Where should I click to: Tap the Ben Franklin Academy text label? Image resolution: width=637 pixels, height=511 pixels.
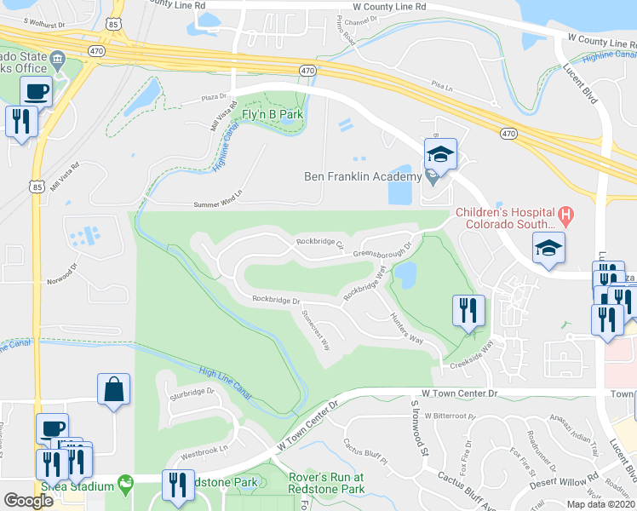pyautogui.click(x=364, y=176)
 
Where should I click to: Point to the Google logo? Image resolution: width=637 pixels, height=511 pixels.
pyautogui.click(x=29, y=501)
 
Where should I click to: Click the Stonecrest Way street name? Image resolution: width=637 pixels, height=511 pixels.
pyautogui.click(x=315, y=323)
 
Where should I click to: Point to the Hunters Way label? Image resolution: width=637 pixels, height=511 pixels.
pyautogui.click(x=406, y=326)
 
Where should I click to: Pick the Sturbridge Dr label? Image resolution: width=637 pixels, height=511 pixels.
pyautogui.click(x=189, y=393)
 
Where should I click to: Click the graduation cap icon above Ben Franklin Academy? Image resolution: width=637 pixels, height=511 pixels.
pyautogui.click(x=440, y=155)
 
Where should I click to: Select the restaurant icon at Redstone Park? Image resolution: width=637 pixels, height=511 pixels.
pyautogui.click(x=177, y=486)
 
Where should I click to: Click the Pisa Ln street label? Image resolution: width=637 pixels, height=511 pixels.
pyautogui.click(x=439, y=85)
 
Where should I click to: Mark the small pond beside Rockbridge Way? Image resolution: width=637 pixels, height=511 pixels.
pyautogui.click(x=405, y=274)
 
